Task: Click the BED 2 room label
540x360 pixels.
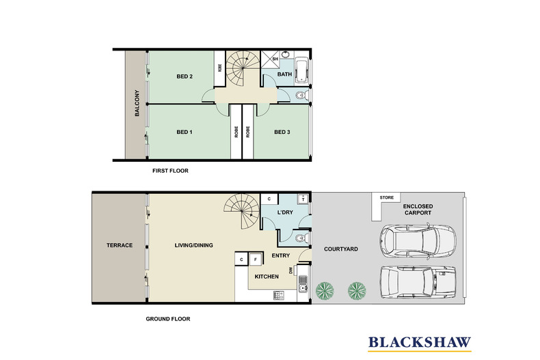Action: click(x=185, y=77)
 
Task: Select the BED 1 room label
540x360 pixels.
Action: click(x=185, y=132)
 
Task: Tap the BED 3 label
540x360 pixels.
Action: click(x=282, y=132)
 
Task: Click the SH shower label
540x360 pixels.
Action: click(x=275, y=59)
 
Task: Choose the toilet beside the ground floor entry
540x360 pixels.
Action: click(x=301, y=239)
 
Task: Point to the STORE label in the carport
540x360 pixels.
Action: click(x=387, y=198)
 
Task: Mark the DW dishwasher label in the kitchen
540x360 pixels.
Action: click(x=292, y=271)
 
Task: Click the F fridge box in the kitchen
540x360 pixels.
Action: click(x=254, y=260)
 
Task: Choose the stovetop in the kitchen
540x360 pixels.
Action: click(x=279, y=295)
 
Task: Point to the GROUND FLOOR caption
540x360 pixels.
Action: click(x=168, y=319)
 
